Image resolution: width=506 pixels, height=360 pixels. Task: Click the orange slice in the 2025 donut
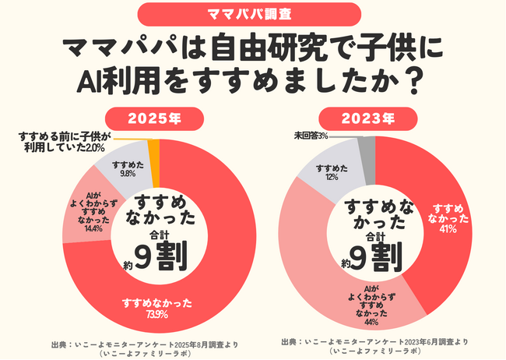coord(153,153)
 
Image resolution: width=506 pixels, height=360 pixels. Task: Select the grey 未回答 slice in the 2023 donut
coord(367,150)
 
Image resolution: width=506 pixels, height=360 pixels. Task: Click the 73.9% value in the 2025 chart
coord(150,314)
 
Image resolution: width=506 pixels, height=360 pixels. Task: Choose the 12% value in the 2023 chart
coord(331,177)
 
